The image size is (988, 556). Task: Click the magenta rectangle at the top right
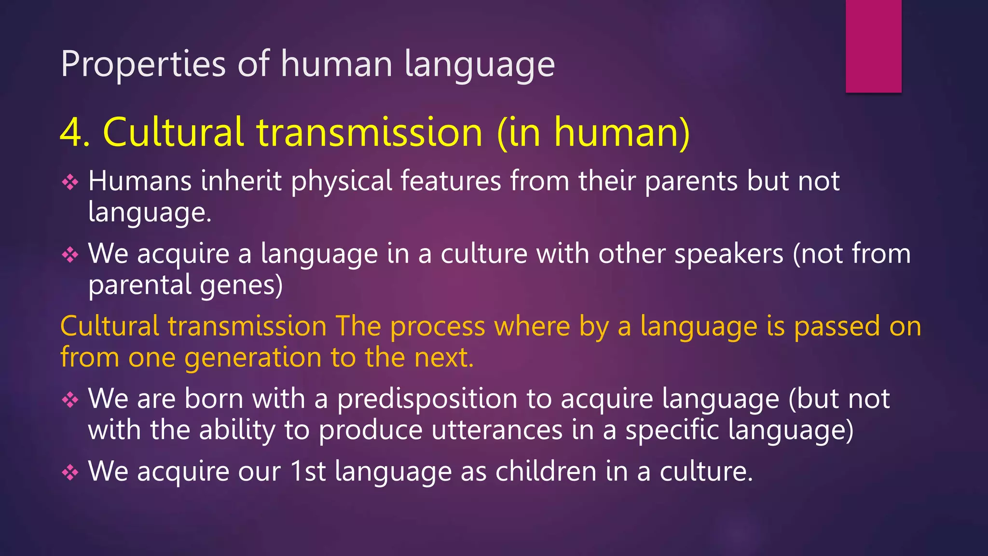(x=873, y=46)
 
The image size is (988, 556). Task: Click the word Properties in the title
(x=143, y=64)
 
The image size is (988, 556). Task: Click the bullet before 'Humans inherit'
(x=70, y=182)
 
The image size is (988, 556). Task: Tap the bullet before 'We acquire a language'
(x=70, y=254)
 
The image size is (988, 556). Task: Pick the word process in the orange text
(x=437, y=326)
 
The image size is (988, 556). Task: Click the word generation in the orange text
(x=253, y=358)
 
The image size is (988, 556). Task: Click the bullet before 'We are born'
(x=70, y=400)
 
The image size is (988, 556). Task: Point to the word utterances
(x=496, y=430)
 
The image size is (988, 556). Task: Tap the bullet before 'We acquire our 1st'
(x=70, y=472)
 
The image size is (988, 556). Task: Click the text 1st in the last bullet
(x=308, y=472)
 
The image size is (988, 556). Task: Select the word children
(x=546, y=472)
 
